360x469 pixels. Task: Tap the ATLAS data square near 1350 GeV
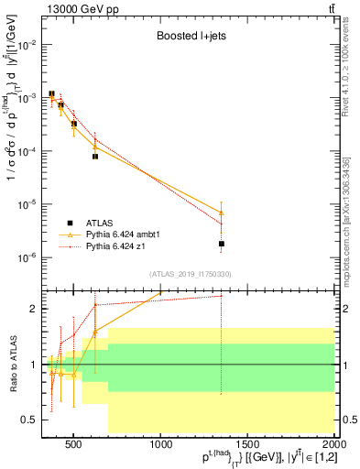222,244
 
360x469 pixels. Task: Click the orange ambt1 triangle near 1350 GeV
222,213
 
